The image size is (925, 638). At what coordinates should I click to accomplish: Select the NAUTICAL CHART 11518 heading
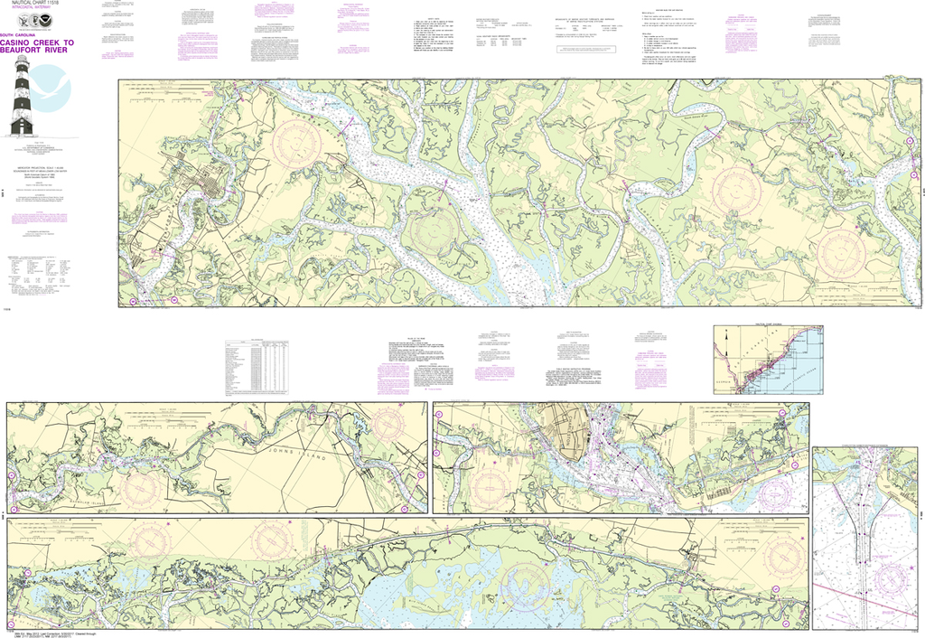[x=34, y=5]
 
